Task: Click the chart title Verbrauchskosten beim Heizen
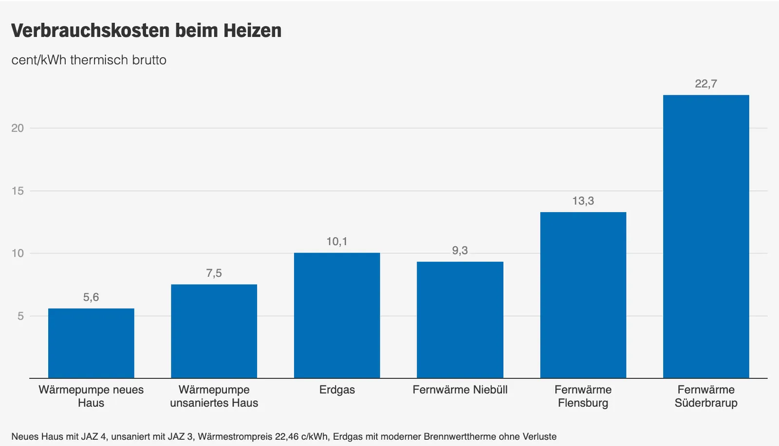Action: (x=146, y=31)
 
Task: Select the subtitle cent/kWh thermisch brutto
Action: (x=89, y=60)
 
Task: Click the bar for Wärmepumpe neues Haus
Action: (x=91, y=343)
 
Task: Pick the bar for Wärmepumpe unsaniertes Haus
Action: (x=214, y=331)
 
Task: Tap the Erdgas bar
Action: (x=337, y=315)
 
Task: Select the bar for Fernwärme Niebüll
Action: (x=460, y=320)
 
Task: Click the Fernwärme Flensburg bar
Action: (x=583, y=295)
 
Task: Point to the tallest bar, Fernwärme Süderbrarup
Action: (x=706, y=236)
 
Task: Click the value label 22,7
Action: (x=706, y=84)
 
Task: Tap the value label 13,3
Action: (x=583, y=201)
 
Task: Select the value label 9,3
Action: (x=460, y=250)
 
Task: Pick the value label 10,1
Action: (x=337, y=241)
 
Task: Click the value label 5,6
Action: (x=91, y=297)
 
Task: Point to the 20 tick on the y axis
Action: (x=18, y=128)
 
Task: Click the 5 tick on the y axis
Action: (x=20, y=316)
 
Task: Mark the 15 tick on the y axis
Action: (x=18, y=191)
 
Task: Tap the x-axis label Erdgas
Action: (x=337, y=390)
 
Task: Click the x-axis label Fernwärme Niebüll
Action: (x=460, y=390)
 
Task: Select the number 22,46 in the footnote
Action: (x=287, y=436)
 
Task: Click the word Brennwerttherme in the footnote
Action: (x=455, y=436)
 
